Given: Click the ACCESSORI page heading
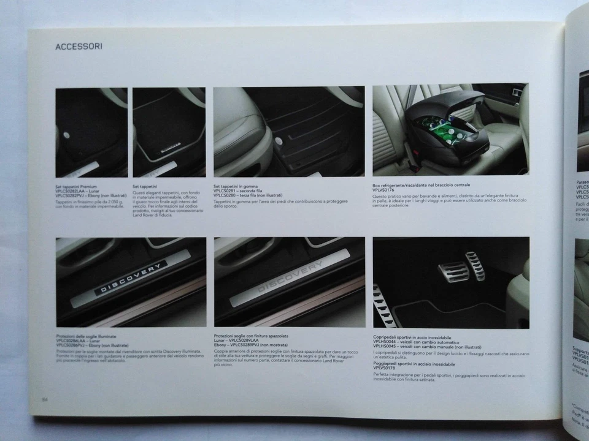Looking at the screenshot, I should click(79, 46).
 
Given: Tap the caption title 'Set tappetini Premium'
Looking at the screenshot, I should click(75, 186).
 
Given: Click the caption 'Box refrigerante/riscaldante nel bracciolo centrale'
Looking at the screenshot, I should click(421, 185).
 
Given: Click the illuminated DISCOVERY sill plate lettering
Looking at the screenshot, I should click(131, 277).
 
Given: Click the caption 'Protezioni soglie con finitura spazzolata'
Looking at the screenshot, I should click(250, 337).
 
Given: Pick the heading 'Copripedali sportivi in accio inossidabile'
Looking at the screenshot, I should click(412, 337).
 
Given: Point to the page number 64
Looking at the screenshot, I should click(44, 400).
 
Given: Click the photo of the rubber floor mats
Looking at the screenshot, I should click(288, 131).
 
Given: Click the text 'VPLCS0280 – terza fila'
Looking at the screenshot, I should click(238, 195).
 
